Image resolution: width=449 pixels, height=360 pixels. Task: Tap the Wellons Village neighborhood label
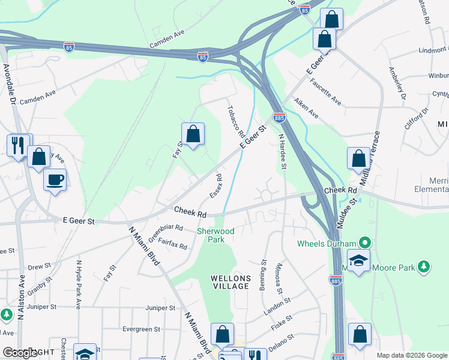point(229,282)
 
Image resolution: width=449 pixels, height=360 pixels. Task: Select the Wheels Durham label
point(328,244)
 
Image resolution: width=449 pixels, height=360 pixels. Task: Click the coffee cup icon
point(55,180)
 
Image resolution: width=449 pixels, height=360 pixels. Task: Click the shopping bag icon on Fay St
point(193,134)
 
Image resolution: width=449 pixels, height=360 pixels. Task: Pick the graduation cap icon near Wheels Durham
point(358,261)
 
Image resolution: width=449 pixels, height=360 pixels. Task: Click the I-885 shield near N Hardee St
point(279,118)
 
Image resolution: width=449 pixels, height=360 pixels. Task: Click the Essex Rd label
point(215,187)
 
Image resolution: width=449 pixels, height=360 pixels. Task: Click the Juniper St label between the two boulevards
point(160,308)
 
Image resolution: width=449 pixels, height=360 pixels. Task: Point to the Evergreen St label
point(142,329)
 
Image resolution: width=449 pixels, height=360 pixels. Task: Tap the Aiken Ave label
point(306,109)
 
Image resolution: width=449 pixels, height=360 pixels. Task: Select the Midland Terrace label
point(369,157)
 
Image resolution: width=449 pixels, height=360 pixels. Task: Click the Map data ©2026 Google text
point(411,355)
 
